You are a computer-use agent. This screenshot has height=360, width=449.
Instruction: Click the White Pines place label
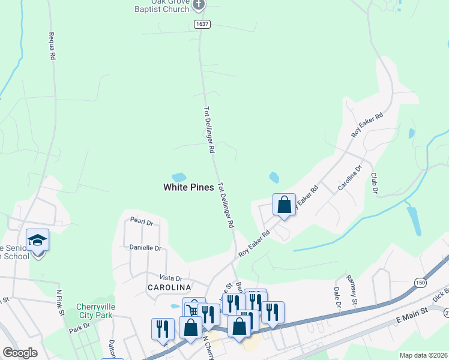(188, 187)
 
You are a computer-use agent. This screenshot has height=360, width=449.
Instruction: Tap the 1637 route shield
(202, 24)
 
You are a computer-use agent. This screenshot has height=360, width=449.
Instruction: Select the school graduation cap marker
(38, 240)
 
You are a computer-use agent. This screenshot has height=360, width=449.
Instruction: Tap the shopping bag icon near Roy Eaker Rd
(285, 205)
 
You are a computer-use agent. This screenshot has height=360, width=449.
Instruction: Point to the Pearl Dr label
(142, 221)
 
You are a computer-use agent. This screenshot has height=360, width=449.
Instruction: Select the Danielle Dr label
(146, 248)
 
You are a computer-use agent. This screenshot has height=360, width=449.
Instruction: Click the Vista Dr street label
(170, 278)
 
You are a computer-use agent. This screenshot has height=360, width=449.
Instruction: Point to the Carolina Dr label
(350, 178)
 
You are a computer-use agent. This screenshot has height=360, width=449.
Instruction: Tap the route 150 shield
(420, 282)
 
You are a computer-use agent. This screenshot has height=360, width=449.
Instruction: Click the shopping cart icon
(194, 310)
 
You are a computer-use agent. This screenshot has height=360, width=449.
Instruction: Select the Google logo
(20, 353)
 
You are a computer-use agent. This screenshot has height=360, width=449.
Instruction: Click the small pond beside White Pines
(179, 177)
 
